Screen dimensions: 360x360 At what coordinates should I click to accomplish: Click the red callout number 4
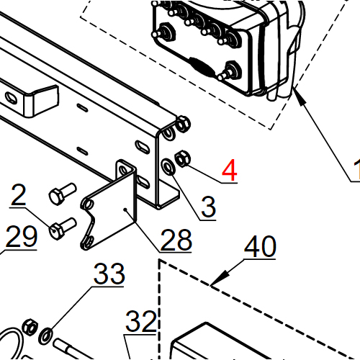[x=229, y=171]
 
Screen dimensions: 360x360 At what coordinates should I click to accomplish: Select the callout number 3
[x=207, y=207]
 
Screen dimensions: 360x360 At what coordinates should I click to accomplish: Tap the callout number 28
[x=176, y=240]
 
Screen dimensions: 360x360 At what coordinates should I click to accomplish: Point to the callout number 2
[x=19, y=194]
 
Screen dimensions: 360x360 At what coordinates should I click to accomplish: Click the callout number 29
[x=22, y=237]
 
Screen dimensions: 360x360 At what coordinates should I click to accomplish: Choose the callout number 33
[x=109, y=274]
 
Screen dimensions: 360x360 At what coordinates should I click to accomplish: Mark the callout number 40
[x=260, y=247]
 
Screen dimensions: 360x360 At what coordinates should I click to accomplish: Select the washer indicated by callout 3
[x=167, y=167]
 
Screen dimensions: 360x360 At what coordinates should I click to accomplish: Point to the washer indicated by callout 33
[x=45, y=333]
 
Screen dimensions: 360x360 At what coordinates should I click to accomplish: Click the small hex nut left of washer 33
[x=30, y=325]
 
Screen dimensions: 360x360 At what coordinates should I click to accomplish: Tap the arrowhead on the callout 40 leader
[x=219, y=279]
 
